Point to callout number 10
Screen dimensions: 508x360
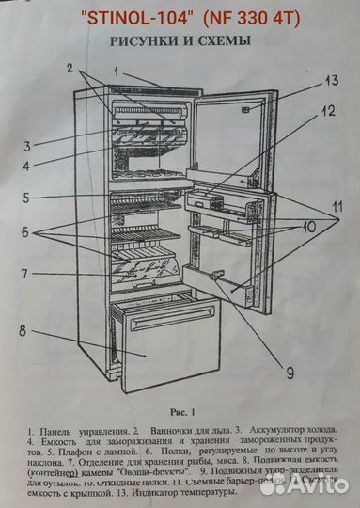(307, 228)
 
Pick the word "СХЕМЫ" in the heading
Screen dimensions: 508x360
(225, 42)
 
